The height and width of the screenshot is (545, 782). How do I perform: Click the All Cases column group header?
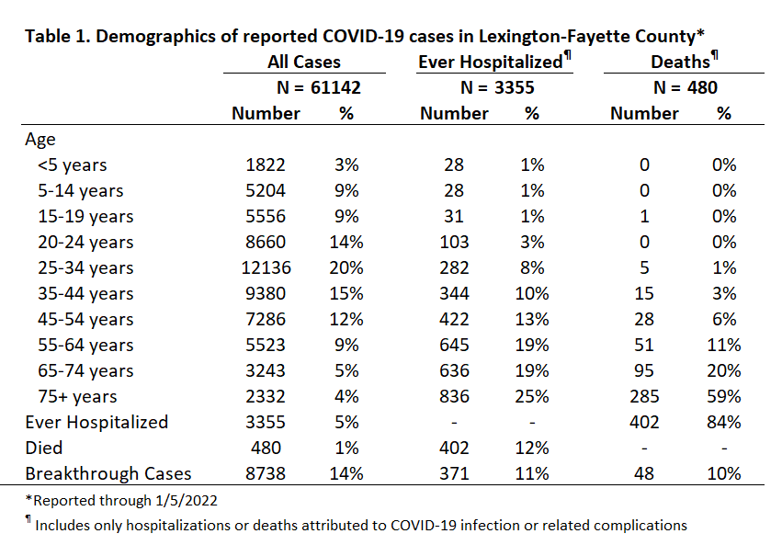(x=304, y=62)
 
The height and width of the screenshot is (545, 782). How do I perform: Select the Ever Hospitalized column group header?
(x=494, y=61)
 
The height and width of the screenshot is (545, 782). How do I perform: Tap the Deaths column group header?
(x=685, y=61)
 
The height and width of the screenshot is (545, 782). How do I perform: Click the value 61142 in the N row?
(x=335, y=87)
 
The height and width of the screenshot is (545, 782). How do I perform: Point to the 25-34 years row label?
(x=85, y=268)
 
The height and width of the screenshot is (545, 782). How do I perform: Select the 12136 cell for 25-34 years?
(x=266, y=268)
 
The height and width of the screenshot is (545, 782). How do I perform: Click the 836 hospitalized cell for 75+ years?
(x=454, y=396)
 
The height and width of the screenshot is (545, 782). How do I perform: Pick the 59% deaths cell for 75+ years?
(x=724, y=396)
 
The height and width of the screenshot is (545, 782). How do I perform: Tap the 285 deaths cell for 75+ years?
(x=644, y=396)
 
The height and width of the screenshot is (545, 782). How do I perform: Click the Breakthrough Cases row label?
(x=108, y=473)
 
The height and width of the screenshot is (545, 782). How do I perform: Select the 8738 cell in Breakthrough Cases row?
(x=266, y=473)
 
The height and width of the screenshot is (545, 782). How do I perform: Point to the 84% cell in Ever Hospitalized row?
(x=724, y=423)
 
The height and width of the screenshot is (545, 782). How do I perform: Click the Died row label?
(x=44, y=448)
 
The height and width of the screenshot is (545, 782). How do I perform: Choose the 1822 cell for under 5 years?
(x=266, y=165)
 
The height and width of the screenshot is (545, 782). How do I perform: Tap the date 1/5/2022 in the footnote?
(x=186, y=501)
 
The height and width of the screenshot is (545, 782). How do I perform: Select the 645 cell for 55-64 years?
(x=454, y=345)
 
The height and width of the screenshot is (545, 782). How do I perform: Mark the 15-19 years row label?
(x=85, y=217)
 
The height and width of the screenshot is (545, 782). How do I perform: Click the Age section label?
(x=40, y=140)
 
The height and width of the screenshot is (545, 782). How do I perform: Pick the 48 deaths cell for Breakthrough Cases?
(x=644, y=473)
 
